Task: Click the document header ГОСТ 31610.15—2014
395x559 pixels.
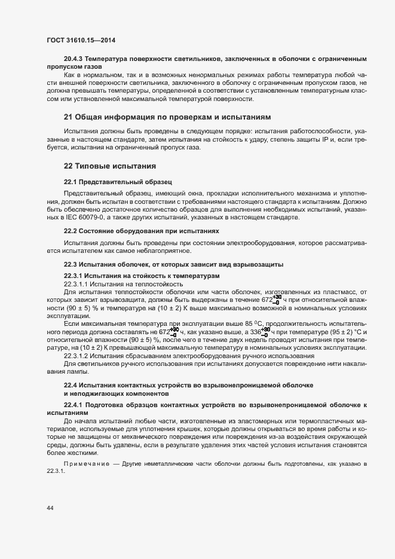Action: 81,40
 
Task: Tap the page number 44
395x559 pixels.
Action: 50,508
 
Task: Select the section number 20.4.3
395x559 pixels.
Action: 74,59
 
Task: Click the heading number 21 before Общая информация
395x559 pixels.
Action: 68,117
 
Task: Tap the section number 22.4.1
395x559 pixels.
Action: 73,405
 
